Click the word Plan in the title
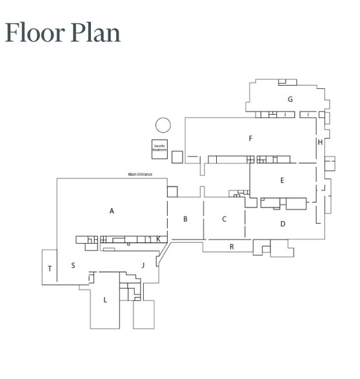coord(96,32)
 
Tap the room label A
coord(112,211)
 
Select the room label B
coord(185,219)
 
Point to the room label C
coord(225,219)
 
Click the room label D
coord(283,224)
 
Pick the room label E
coord(282,181)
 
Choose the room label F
coord(250,139)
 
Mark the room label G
coord(290,99)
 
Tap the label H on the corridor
coord(319,142)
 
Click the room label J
coord(143,264)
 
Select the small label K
coord(158,238)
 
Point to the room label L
coord(105,300)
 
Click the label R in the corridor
coord(232,247)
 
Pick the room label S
coord(73,265)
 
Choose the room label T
coord(50,269)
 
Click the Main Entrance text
coord(139,175)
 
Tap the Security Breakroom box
coord(159,148)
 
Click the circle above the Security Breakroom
coord(163,125)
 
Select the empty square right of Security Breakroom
coord(177,156)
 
